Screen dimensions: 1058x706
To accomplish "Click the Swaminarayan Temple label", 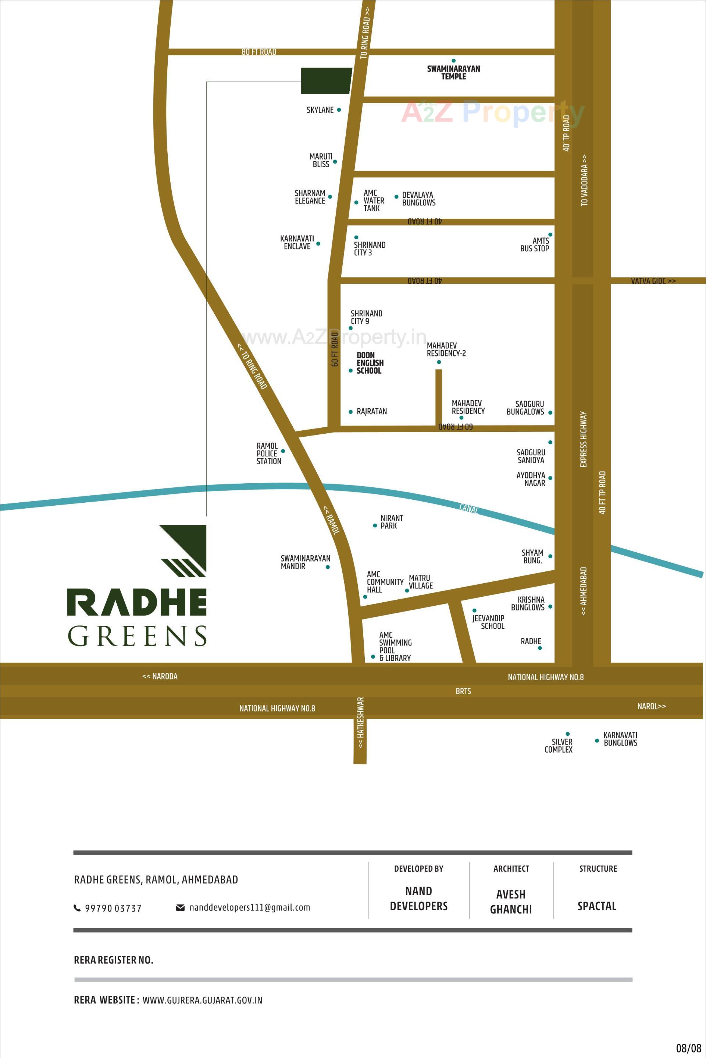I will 453,72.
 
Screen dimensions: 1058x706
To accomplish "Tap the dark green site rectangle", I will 326,81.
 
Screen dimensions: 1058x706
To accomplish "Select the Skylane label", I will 320,110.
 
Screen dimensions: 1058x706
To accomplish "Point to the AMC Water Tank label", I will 374,200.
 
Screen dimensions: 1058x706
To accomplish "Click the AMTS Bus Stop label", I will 535,244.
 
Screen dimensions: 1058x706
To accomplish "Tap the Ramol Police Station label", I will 269,453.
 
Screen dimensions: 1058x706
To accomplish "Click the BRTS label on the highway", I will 463,691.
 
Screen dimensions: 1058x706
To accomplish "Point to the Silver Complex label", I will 558,745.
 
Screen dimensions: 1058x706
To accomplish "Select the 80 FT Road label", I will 259,52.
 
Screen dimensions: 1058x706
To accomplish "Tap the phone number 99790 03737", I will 113,908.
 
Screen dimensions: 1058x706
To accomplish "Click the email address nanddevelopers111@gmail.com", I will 249,907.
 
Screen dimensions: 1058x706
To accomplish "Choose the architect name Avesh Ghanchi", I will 511,901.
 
